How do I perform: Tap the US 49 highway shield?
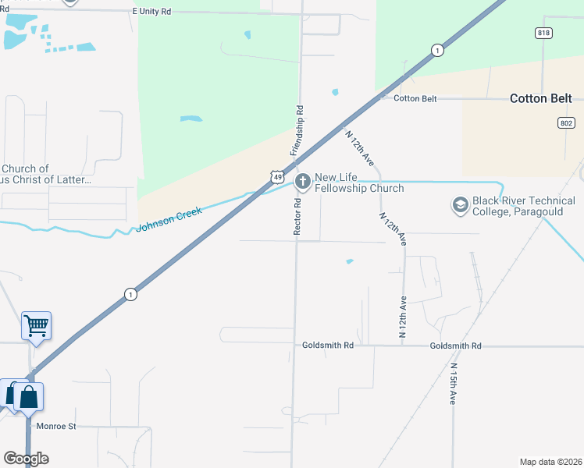pos(278,178)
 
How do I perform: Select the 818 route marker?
pos(544,33)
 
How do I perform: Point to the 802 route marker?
pos(567,123)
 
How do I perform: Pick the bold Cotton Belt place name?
pos(540,98)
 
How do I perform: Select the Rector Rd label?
pos(297,216)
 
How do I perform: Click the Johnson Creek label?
pos(169,219)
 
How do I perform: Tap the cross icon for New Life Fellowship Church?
pos(302,182)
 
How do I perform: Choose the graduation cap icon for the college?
pos(461,205)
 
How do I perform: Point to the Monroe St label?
pos(55,427)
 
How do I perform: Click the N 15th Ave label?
pos(452,383)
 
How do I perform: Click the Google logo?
pos(26,459)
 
